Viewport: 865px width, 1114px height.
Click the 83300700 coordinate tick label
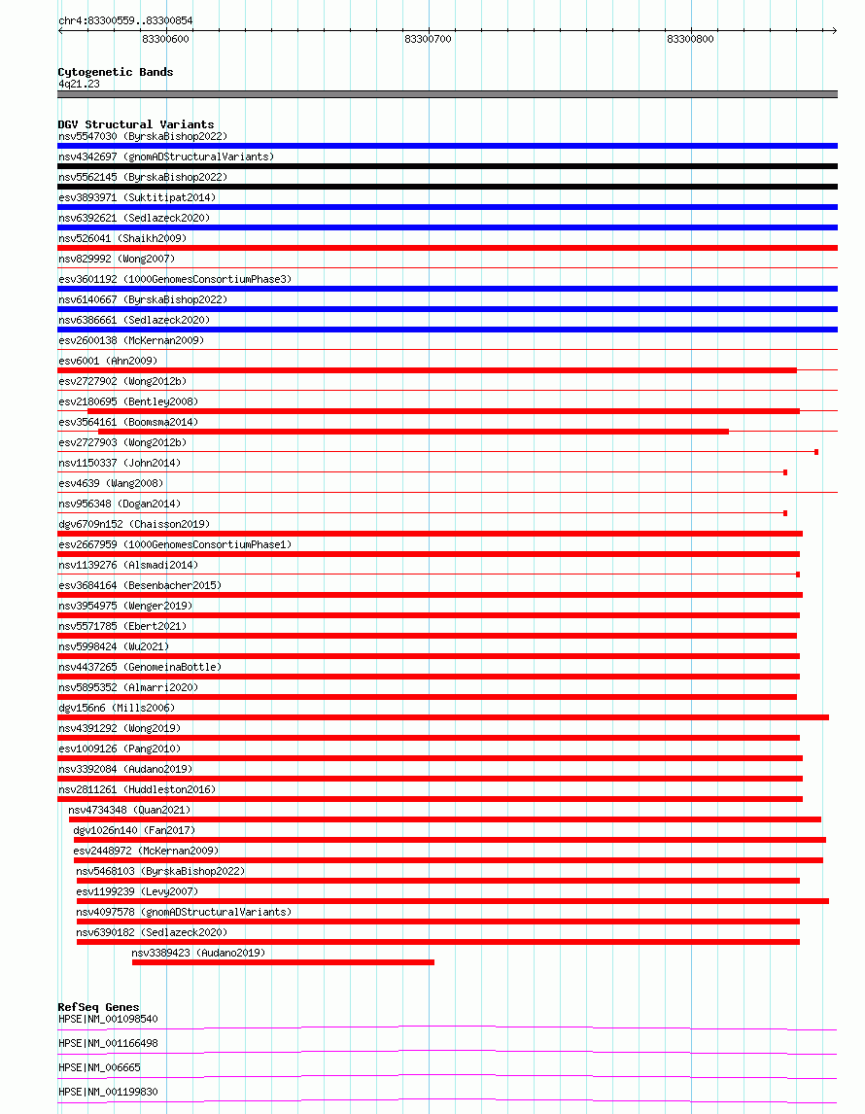(428, 39)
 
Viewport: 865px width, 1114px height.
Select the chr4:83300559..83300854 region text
(125, 20)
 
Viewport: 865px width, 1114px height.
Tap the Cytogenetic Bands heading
(116, 72)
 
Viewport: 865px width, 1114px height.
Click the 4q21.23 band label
(79, 84)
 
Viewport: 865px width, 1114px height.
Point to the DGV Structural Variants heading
(136, 124)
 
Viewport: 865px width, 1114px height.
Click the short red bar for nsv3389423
(283, 962)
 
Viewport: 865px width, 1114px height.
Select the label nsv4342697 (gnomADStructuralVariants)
(166, 157)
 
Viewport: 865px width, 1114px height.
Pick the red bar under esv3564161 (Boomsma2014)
(413, 432)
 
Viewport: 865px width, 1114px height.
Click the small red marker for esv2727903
(816, 452)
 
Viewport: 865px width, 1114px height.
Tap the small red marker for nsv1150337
(785, 472)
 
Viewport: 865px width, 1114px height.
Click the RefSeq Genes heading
(98, 1007)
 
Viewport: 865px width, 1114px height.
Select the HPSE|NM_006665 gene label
(99, 1067)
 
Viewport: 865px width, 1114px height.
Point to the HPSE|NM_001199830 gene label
(108, 1092)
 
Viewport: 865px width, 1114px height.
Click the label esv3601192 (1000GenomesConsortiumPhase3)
(174, 279)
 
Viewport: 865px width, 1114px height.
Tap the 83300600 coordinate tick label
(165, 39)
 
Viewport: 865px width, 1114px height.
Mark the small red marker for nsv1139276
(798, 574)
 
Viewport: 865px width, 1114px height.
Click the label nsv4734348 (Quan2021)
(129, 810)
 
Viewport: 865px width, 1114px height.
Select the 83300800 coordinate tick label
(690, 39)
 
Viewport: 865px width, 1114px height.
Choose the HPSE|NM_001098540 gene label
(108, 1019)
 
